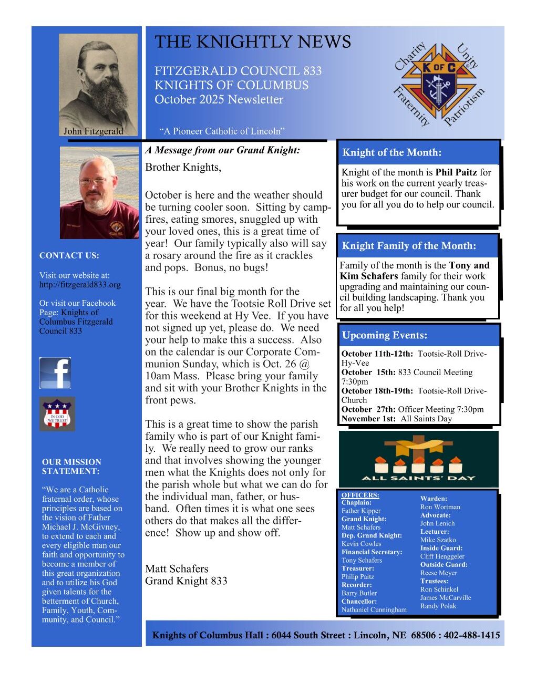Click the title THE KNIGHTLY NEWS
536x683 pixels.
pos(253,42)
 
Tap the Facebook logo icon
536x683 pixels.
pos(55,373)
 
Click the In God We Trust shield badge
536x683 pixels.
pos(57,414)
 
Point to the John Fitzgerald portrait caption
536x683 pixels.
pos(94,131)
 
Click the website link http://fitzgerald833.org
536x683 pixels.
pos(80,285)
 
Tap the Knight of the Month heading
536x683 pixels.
pos(392,153)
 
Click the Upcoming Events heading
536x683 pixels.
pos(385,335)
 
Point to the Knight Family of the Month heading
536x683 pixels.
pos(409,246)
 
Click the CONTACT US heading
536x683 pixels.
pos(69,256)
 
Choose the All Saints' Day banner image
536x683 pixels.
pos(418,459)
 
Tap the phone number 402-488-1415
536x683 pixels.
pos(472,635)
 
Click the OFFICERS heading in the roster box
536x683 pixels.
pos(360,495)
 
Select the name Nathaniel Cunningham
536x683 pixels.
pos(374,610)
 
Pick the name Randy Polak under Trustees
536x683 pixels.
pos(438,606)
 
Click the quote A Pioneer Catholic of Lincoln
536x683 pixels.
pos(222,131)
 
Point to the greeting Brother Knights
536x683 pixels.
pos(183,168)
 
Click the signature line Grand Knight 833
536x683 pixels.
pos(186,581)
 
